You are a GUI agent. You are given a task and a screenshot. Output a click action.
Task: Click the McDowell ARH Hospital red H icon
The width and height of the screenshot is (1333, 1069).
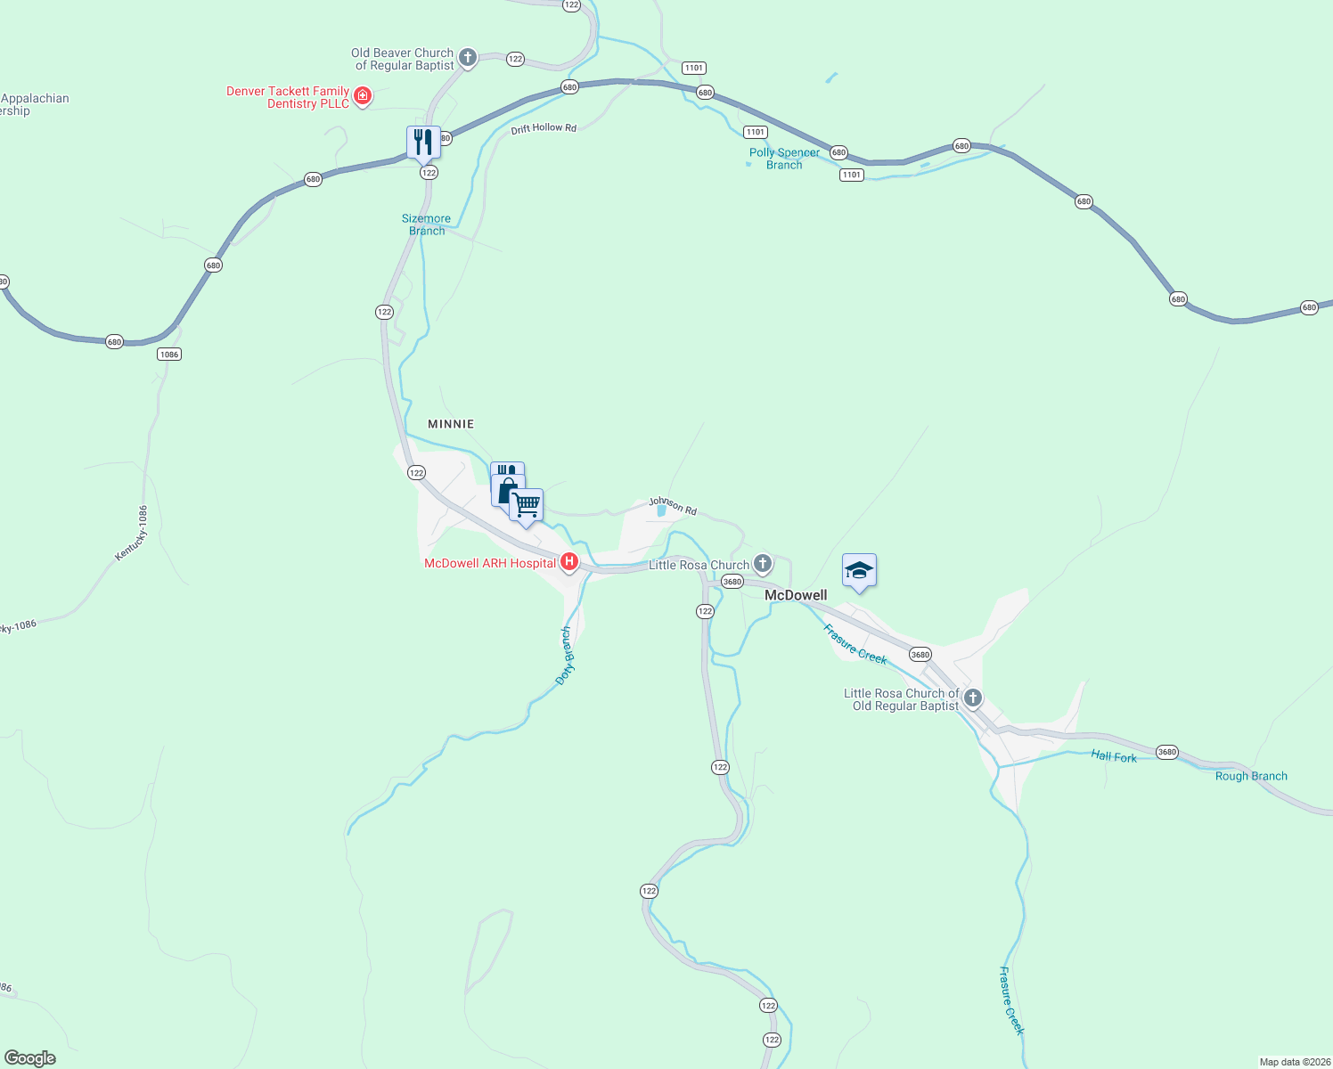(568, 562)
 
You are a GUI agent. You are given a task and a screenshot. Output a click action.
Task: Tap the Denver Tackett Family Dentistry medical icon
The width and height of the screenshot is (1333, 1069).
(363, 96)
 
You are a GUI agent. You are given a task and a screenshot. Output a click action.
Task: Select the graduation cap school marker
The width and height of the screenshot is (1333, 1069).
(859, 571)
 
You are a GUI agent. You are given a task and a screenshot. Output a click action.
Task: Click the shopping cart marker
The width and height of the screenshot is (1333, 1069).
(527, 505)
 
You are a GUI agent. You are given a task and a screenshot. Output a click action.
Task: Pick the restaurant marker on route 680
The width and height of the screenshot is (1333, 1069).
(423, 142)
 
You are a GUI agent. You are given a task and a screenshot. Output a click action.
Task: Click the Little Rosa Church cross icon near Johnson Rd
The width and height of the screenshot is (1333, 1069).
(763, 564)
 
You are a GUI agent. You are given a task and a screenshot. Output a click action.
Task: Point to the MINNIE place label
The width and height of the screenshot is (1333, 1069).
(451, 424)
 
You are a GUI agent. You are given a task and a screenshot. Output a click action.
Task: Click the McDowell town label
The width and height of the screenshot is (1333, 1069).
(796, 595)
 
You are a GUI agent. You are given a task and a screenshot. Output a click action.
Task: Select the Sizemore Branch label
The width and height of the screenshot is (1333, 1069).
(426, 224)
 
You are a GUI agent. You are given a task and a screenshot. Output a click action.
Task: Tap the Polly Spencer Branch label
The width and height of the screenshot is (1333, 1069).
(784, 159)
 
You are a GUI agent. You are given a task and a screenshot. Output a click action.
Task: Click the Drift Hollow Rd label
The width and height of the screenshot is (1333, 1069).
(544, 129)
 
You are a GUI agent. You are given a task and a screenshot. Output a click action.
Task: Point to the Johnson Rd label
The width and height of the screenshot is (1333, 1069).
(673, 506)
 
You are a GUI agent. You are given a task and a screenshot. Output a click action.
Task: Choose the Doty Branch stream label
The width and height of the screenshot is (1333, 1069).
(565, 656)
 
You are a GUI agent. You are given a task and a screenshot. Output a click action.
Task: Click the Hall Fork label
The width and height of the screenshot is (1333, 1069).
(1114, 756)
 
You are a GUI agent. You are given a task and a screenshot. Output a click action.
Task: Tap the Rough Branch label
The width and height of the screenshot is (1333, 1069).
(1251, 776)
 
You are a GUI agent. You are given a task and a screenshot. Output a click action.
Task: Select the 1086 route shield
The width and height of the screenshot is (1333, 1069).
(168, 355)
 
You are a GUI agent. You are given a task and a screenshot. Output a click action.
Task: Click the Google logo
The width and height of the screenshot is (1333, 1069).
(30, 1058)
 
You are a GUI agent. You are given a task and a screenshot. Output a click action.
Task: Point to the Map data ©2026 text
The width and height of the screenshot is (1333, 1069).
(1294, 1062)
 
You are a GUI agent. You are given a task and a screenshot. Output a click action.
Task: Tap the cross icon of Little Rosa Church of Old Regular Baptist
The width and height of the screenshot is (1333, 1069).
(973, 698)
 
